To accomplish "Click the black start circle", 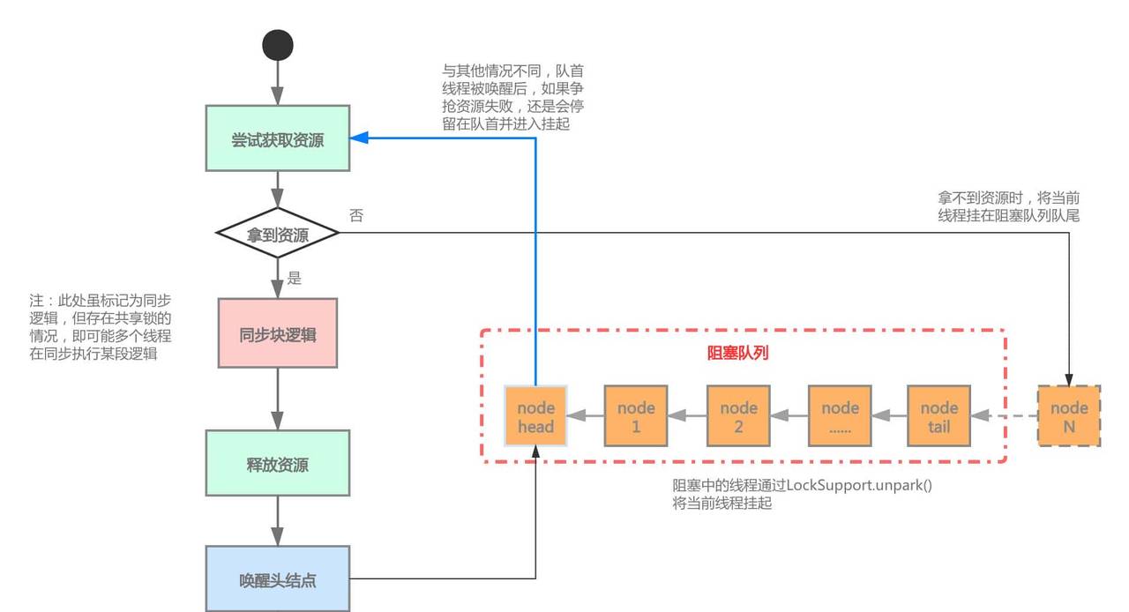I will point(278,45).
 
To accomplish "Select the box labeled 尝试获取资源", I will point(278,138).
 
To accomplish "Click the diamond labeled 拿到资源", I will point(278,235).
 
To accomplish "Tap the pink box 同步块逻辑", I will point(278,333).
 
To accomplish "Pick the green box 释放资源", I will point(278,464).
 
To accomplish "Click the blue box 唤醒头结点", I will point(278,579).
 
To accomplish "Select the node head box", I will point(535,416).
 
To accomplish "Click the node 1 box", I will point(636,416).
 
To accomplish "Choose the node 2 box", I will point(738,416).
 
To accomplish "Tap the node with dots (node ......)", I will point(840,416).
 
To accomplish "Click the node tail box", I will point(939,416).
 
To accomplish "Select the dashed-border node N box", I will point(1069,416).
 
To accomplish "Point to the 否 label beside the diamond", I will point(355,216).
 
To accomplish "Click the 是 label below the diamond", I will point(295,279).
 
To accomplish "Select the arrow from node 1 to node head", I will point(586,416).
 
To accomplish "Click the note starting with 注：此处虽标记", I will point(99,327).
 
